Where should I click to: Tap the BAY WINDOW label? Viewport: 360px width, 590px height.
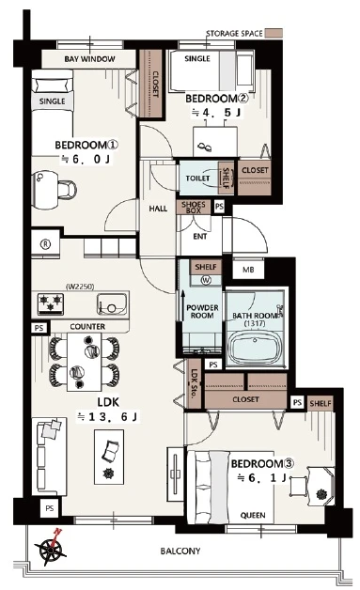(89, 59)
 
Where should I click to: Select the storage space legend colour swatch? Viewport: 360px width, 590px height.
(274, 33)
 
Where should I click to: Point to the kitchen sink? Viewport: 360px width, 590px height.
(112, 304)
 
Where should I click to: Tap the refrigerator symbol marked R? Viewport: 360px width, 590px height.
(45, 244)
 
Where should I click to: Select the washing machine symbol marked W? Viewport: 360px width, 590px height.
(206, 280)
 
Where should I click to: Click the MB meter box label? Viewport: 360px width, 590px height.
(248, 270)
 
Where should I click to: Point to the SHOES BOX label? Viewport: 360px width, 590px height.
(194, 208)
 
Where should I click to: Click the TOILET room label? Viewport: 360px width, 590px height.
(197, 178)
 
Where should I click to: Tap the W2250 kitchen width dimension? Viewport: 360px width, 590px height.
(80, 287)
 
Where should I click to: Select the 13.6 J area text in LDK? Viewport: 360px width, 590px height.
(108, 416)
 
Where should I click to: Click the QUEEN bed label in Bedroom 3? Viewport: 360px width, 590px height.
(253, 515)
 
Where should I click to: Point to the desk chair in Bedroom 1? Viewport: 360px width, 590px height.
(68, 189)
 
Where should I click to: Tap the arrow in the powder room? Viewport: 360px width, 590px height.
(183, 305)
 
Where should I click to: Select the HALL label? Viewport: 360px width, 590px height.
(158, 209)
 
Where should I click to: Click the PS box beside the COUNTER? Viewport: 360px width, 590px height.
(39, 328)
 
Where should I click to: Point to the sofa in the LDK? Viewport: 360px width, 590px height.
(50, 457)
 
